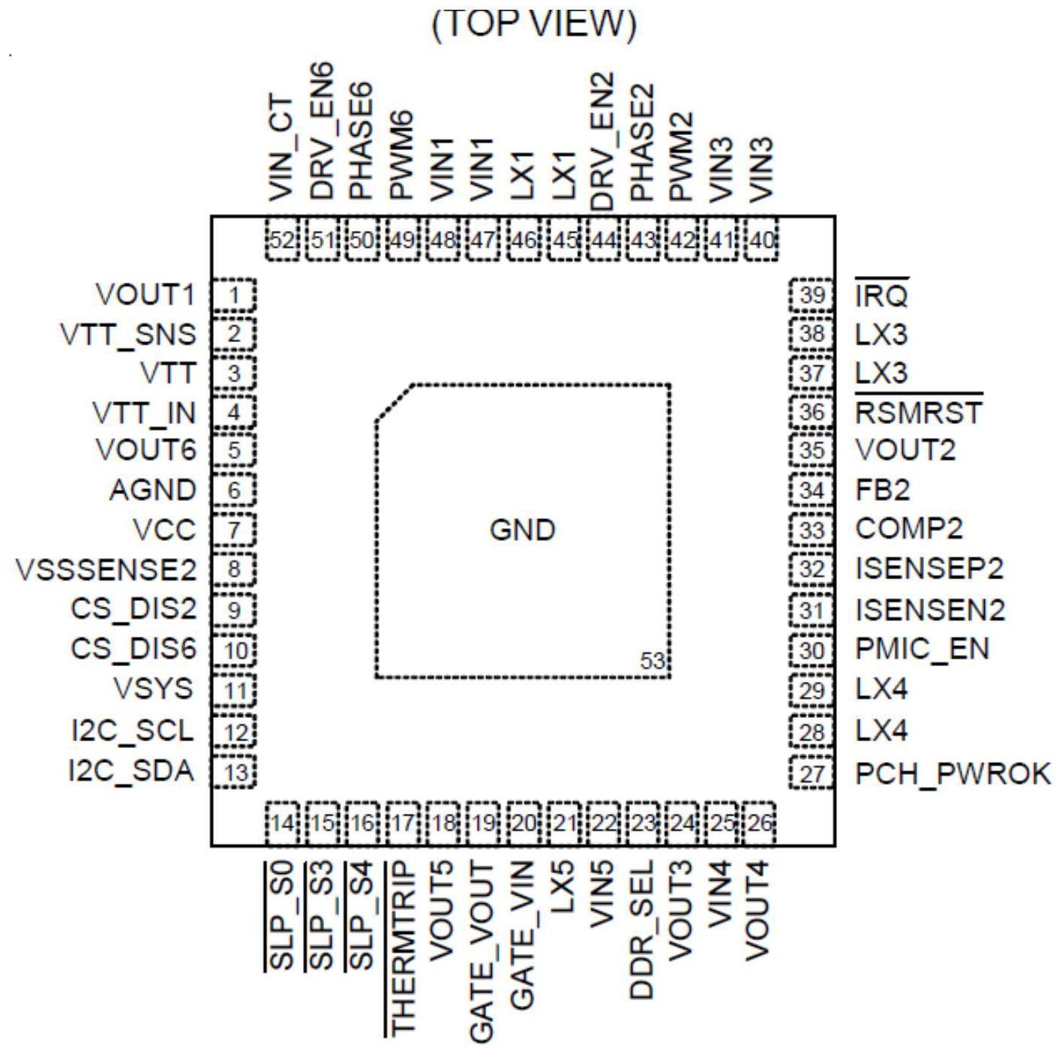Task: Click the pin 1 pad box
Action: pyautogui.click(x=234, y=296)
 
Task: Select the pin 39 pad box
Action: pyautogui.click(x=811, y=296)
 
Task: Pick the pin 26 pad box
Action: pyautogui.click(x=759, y=823)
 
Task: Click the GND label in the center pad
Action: pyautogui.click(x=523, y=530)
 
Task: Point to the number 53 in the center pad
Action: pyautogui.click(x=652, y=660)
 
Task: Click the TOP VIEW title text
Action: pyautogui.click(x=533, y=24)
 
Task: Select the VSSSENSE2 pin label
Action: pyautogui.click(x=106, y=569)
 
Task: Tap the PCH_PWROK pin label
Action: pyautogui.click(x=953, y=773)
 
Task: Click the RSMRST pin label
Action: pyautogui.click(x=919, y=412)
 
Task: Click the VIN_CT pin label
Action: pyautogui.click(x=281, y=149)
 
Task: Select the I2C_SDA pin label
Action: pyautogui.click(x=132, y=770)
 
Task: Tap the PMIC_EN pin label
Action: pyautogui.click(x=922, y=648)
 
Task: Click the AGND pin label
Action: pyautogui.click(x=153, y=490)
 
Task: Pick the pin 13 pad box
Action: pyautogui.click(x=234, y=771)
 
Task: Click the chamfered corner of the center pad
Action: pyautogui.click(x=394, y=402)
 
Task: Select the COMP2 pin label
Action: pyautogui.click(x=909, y=528)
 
